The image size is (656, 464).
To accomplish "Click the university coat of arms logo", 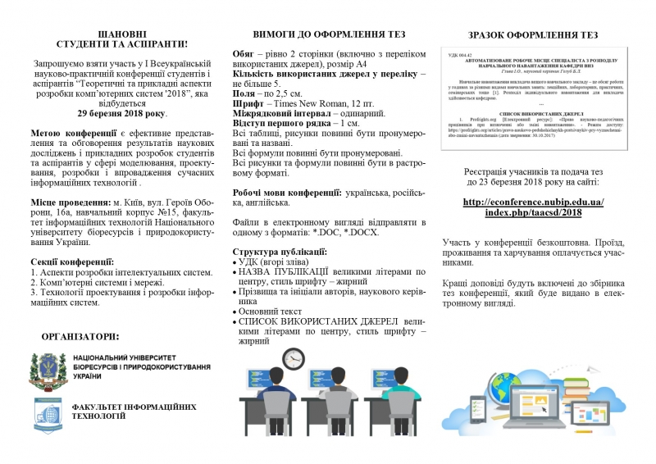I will point(48,371).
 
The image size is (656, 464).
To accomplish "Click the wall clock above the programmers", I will point(294,359).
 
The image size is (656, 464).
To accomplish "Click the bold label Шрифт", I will point(248,103).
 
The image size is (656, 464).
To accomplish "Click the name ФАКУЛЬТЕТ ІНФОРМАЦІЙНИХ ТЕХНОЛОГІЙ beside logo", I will point(134,411).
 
